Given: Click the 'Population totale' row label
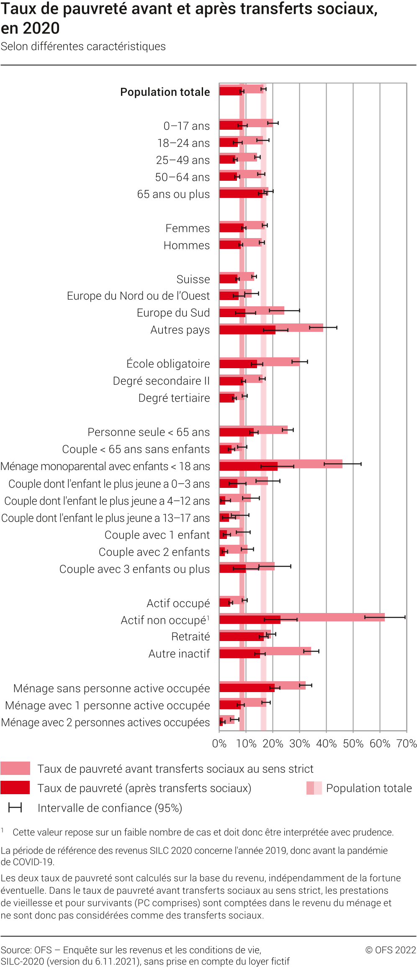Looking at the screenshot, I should (165, 92).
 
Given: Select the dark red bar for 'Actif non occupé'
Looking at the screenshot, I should (250, 620).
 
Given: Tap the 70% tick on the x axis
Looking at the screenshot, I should (407, 744).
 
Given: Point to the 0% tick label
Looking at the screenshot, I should (219, 744).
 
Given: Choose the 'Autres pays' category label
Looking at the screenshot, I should (180, 330).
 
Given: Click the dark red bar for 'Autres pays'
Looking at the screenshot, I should (247, 330).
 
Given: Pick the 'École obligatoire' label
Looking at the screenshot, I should (168, 364).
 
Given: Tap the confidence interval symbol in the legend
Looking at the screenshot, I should (15, 808).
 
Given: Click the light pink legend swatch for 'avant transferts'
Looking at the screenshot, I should (15, 768).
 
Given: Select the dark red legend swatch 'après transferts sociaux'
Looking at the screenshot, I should (15, 787).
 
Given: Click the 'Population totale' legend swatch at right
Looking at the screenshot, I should (314, 788).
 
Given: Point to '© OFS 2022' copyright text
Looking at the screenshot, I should (391, 949).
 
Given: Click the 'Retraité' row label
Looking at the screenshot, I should (190, 636).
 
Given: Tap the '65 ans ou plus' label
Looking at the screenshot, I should (173, 194).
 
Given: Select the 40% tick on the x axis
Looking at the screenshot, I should (326, 744).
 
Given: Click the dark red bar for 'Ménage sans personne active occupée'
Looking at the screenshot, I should (247, 687).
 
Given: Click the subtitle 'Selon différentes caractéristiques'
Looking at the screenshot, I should (83, 46).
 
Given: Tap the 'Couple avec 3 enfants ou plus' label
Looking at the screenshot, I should (134, 569).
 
